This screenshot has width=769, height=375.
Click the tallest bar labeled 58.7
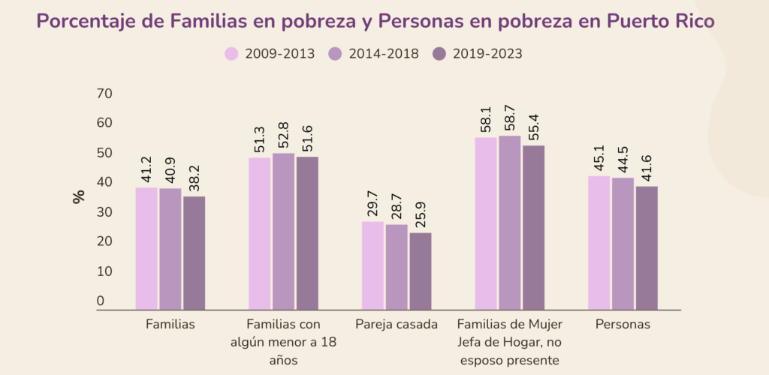[x=510, y=222]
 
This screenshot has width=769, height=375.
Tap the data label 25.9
[x=421, y=217]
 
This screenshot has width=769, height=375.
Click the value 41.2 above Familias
[x=146, y=171]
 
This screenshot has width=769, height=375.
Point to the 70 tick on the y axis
[x=104, y=94]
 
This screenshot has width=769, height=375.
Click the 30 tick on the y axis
[x=104, y=212]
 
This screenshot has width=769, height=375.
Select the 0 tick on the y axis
[x=100, y=301]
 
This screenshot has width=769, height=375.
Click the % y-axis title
[x=79, y=197]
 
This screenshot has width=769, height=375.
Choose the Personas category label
[x=623, y=325]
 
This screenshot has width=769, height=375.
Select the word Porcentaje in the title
[x=83, y=21]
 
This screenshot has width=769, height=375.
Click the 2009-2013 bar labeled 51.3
[x=260, y=233]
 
